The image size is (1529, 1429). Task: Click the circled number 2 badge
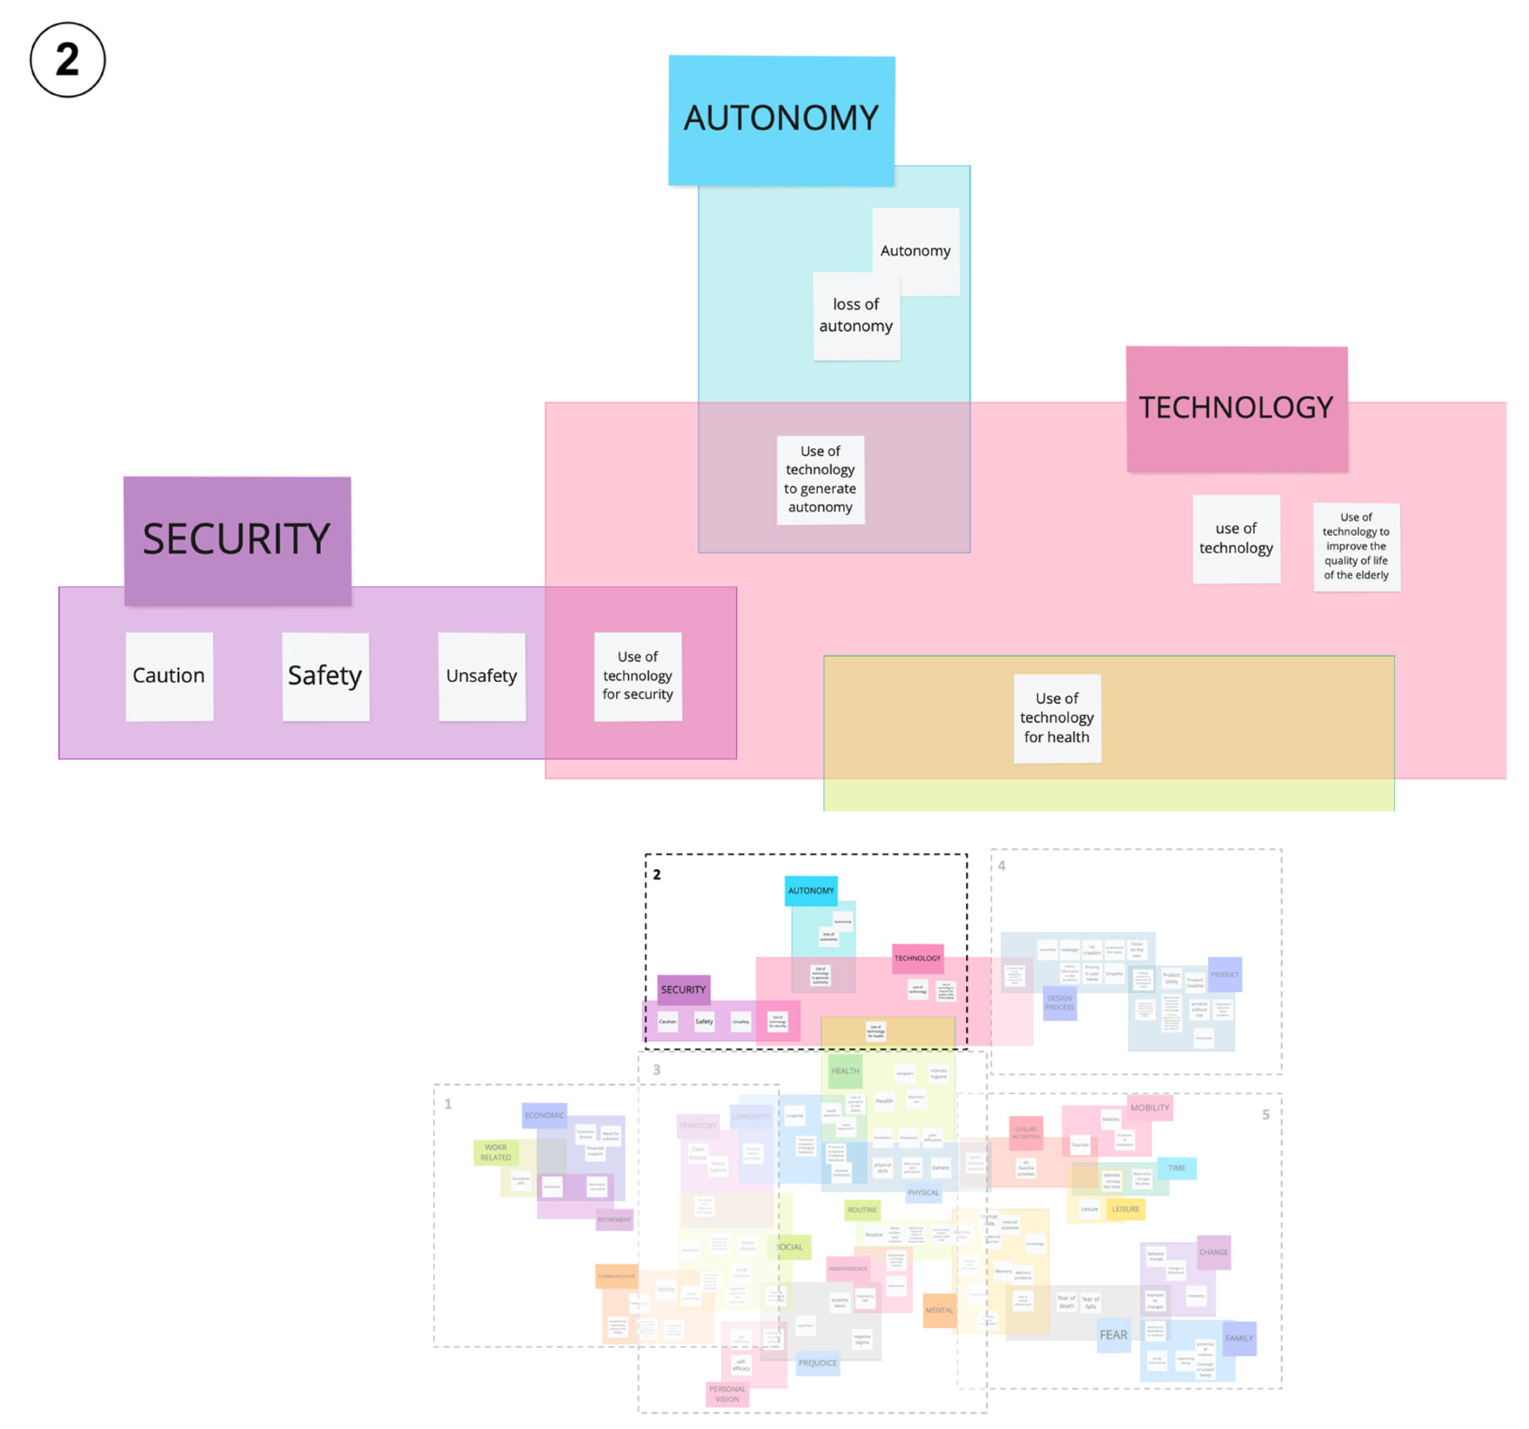point(68,60)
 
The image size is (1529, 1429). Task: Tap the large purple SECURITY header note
point(237,540)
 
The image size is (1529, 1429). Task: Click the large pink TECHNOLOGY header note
point(1236,408)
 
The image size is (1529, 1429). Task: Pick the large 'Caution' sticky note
point(169,676)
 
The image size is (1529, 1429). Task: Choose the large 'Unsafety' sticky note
point(481,676)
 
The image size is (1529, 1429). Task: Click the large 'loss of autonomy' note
point(856,315)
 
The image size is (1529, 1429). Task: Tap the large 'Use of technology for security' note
point(638,676)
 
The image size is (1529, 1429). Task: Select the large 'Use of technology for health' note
point(1057,718)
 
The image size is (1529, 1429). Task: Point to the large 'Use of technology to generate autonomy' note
point(820,479)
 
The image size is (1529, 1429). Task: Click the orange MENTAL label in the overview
point(939,1310)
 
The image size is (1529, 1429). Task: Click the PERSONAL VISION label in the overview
point(727,1394)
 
